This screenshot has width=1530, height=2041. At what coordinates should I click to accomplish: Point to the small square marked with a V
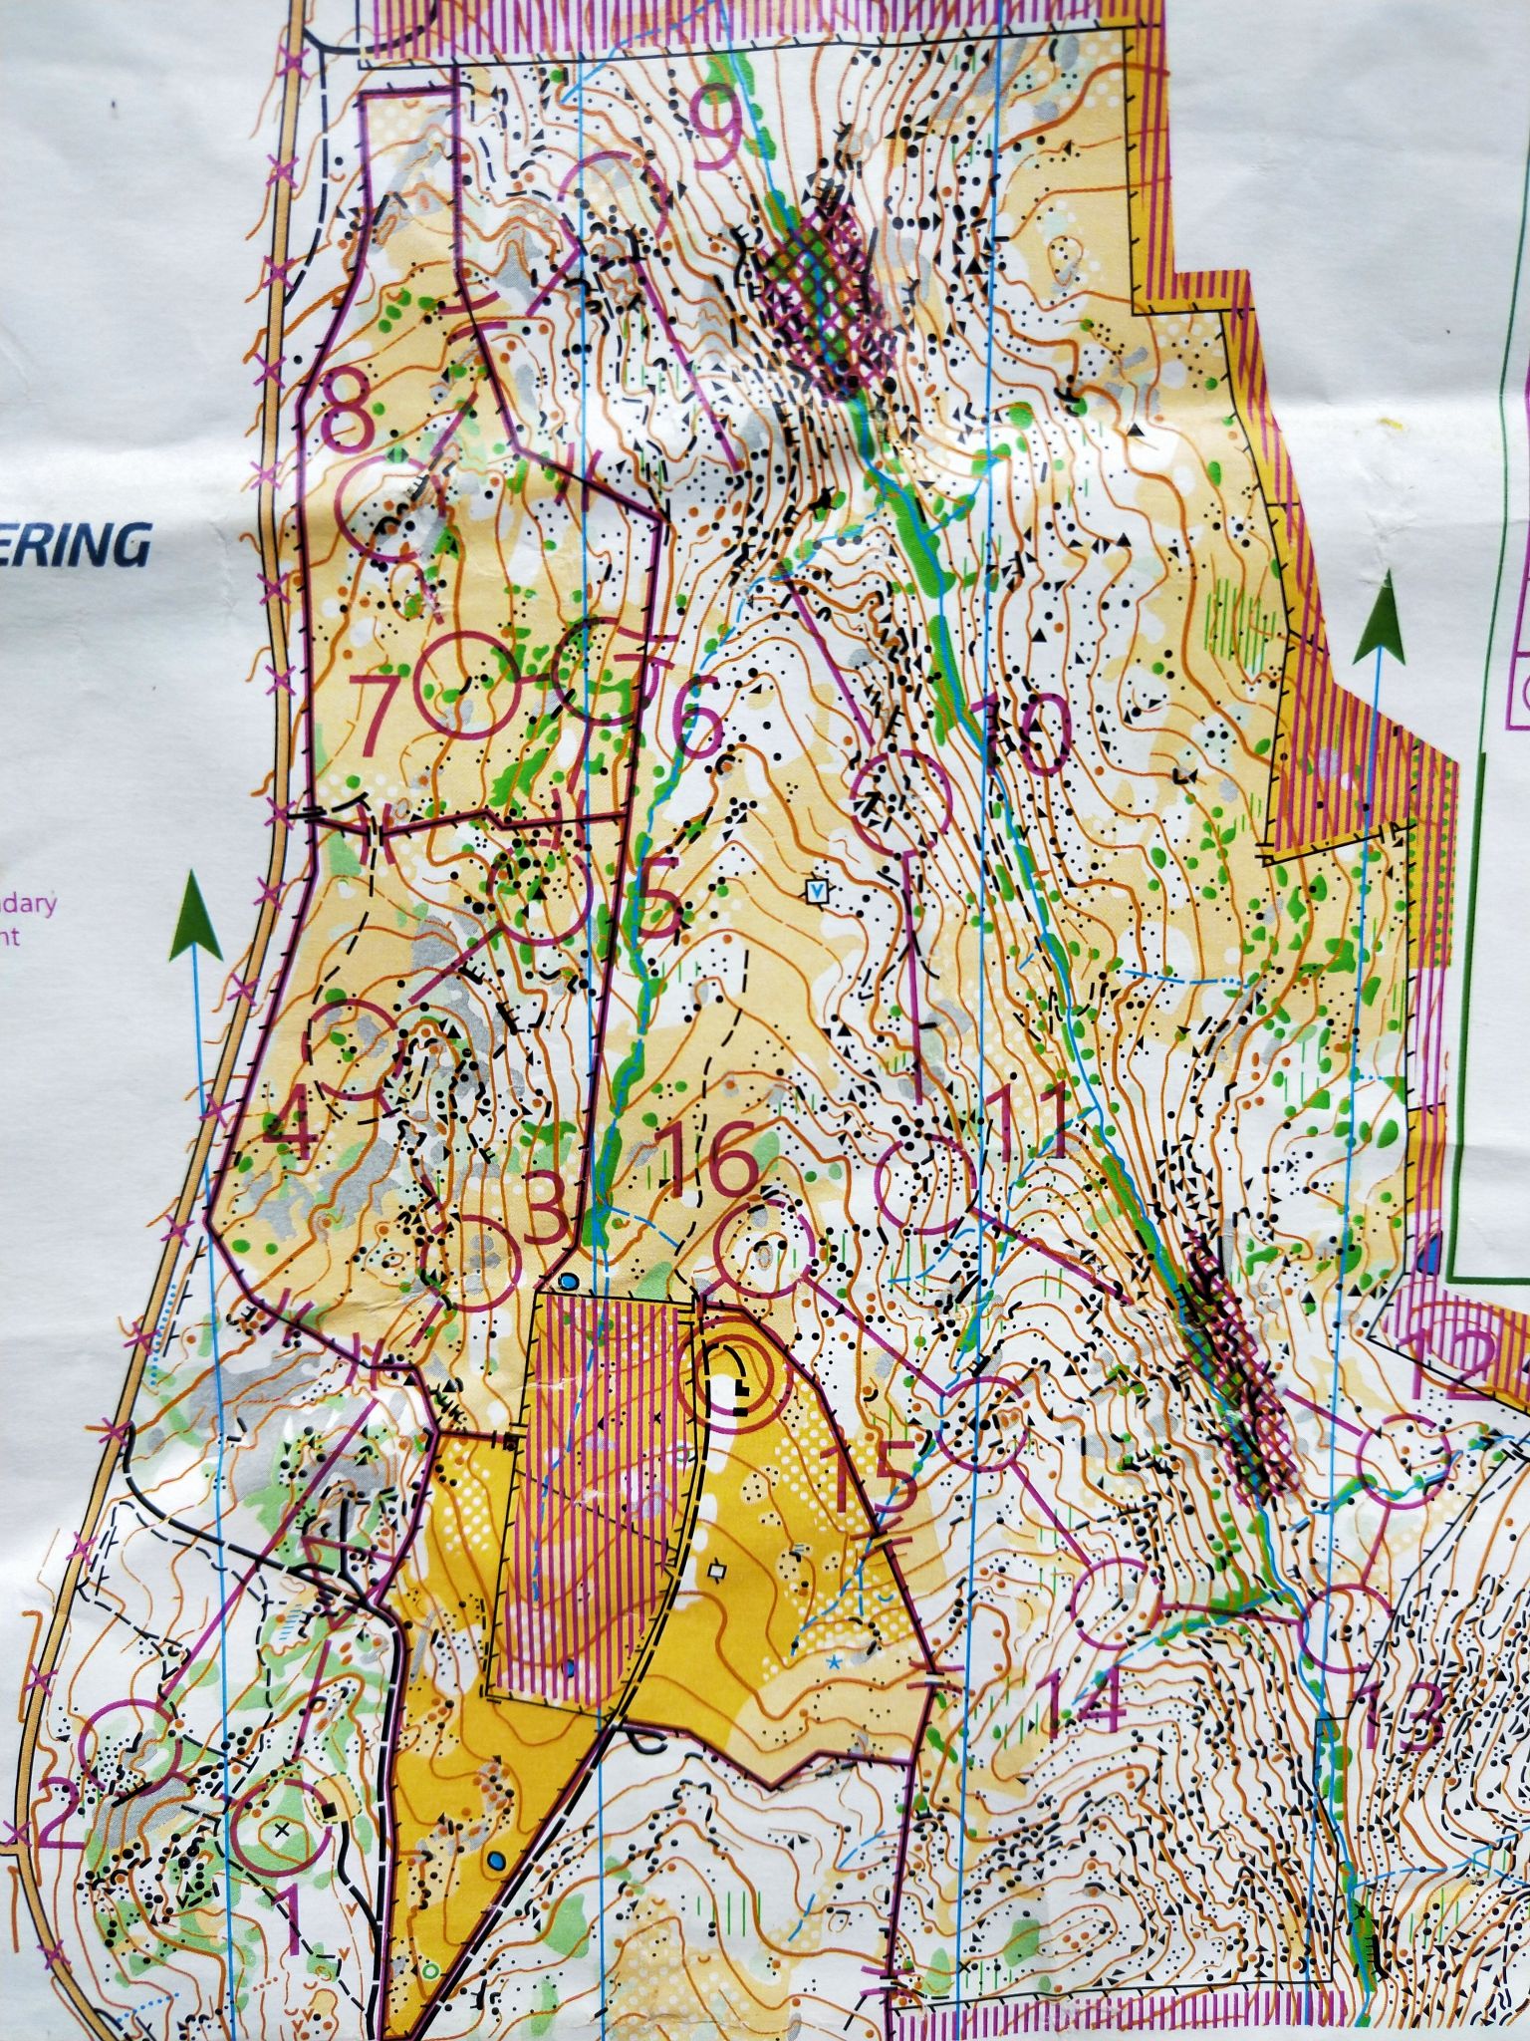tap(817, 890)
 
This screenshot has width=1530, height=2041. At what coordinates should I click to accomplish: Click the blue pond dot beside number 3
tap(569, 1280)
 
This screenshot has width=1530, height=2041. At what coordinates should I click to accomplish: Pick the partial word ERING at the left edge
tap(75, 547)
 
